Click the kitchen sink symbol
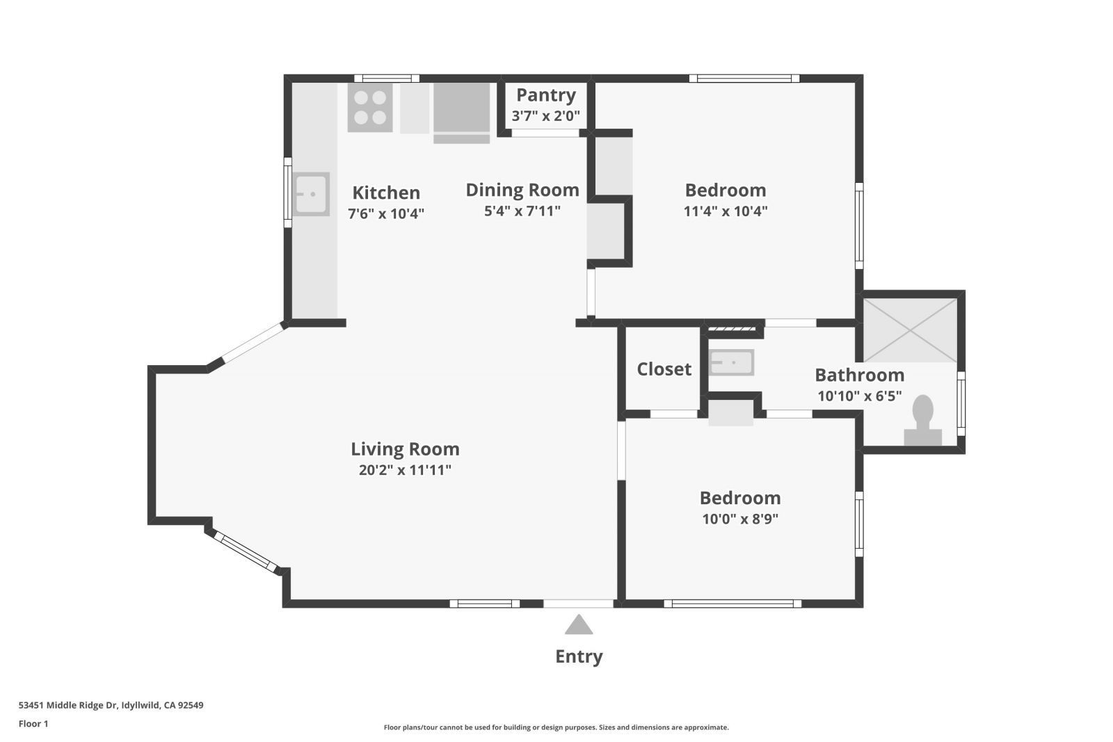[311, 194]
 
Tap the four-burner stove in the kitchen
[370, 108]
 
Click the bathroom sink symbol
[731, 362]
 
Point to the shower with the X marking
[910, 330]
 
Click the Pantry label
[545, 95]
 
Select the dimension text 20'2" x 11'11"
[405, 470]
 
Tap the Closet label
[664, 369]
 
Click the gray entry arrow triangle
[579, 625]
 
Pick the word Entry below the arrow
[579, 656]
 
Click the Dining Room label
[522, 190]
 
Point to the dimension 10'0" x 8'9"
[740, 519]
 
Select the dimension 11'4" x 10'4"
[726, 211]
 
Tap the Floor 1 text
[33, 724]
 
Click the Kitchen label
[386, 193]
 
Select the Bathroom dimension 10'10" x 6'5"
[860, 396]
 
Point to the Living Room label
[405, 449]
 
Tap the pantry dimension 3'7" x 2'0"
[545, 116]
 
